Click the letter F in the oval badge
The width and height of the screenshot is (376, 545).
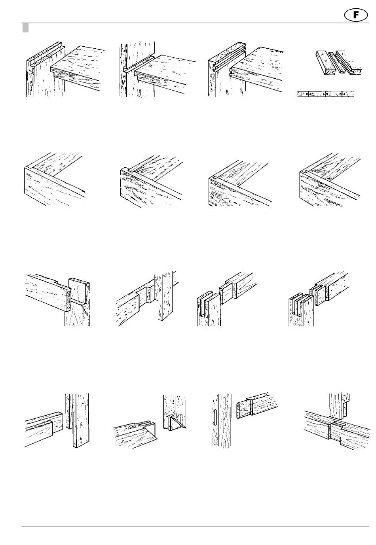[x=357, y=15]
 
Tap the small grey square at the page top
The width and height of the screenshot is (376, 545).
[x=25, y=28]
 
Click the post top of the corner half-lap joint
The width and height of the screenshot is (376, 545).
[x=79, y=289]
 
